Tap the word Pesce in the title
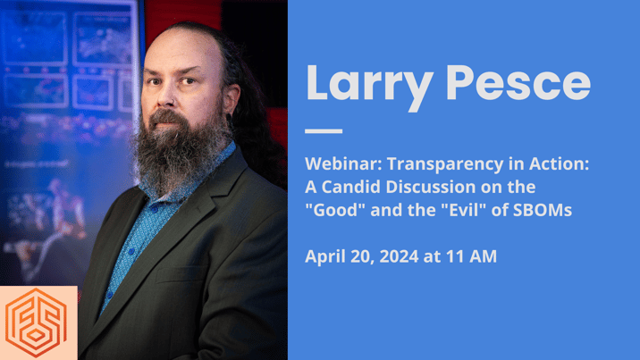[518, 83]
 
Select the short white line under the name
[324, 131]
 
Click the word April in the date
[324, 257]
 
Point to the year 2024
[397, 257]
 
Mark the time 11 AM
[469, 257]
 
